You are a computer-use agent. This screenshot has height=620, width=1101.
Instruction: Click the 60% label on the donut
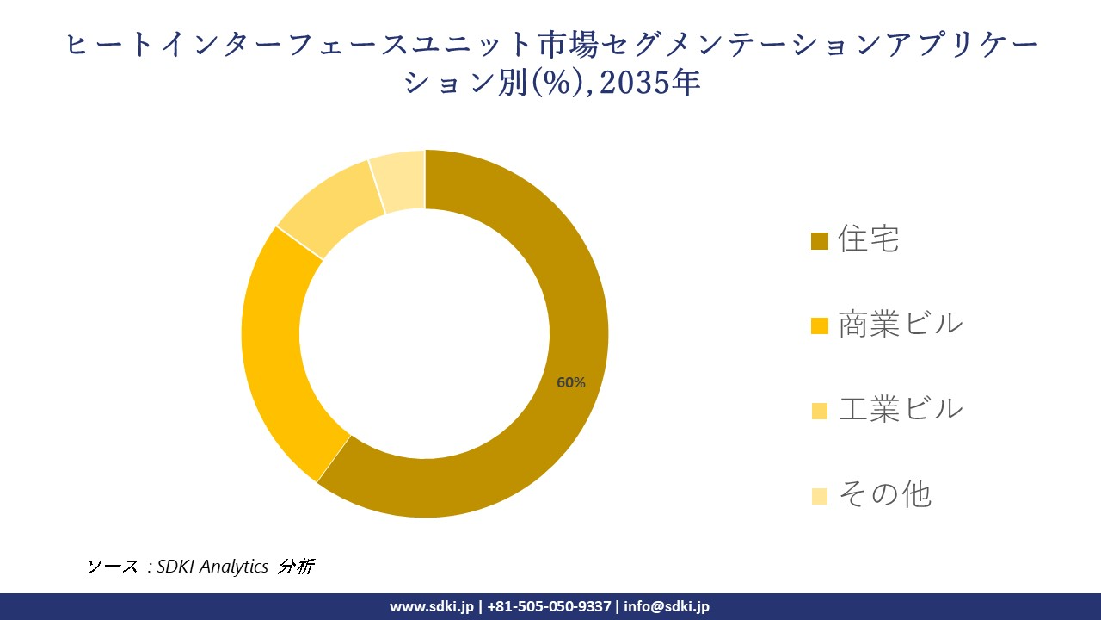click(x=570, y=382)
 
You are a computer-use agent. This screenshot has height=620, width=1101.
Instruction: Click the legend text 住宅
click(x=869, y=239)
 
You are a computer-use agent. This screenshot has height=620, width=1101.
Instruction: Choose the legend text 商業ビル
click(x=901, y=324)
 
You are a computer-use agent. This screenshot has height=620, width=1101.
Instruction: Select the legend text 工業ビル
click(x=901, y=409)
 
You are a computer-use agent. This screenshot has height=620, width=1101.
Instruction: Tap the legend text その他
click(x=884, y=494)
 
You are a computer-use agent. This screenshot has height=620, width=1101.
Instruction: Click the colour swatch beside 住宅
click(x=819, y=241)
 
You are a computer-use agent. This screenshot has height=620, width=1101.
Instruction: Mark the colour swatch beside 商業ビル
click(x=819, y=325)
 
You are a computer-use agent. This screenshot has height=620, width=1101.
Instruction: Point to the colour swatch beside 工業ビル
click(x=819, y=411)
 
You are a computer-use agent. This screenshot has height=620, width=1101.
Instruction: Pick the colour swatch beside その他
click(x=819, y=496)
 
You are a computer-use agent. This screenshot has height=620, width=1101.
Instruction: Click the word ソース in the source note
click(x=113, y=566)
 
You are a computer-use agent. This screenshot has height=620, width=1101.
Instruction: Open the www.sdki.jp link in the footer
click(x=432, y=606)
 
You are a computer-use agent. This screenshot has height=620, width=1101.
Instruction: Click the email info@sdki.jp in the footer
click(x=667, y=606)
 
